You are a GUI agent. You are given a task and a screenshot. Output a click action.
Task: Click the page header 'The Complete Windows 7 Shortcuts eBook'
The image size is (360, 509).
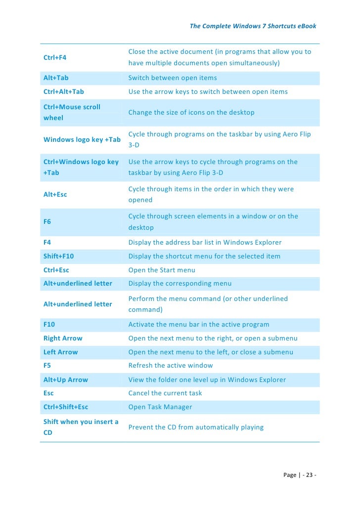[x=253, y=26]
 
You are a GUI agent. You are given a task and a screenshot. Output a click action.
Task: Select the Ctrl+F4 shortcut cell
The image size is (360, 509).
[x=55, y=58]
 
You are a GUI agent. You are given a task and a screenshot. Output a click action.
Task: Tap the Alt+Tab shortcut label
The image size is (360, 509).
[x=56, y=78]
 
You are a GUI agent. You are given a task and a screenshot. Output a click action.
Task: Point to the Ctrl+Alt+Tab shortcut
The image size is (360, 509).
[x=64, y=92]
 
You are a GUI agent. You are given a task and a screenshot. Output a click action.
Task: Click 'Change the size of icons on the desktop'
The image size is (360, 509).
[x=191, y=113]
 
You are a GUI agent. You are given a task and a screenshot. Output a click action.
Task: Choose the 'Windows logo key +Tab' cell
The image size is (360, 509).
[x=82, y=140]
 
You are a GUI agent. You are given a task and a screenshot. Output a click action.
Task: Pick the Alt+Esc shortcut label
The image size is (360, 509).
[x=55, y=195]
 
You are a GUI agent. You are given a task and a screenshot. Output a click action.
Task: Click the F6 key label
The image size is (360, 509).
[x=47, y=222]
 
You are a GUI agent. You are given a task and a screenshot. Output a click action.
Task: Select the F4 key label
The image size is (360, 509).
[x=47, y=243]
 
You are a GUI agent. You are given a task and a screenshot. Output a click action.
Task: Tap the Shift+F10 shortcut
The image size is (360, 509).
[x=58, y=256]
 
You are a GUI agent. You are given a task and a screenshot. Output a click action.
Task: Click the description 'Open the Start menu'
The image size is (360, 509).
[x=162, y=270]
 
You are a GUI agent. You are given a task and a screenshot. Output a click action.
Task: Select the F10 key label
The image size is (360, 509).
[x=49, y=325]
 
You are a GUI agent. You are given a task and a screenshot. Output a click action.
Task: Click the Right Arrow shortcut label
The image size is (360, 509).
[x=63, y=339]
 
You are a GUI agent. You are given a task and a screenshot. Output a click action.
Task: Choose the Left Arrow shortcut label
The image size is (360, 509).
[x=61, y=352]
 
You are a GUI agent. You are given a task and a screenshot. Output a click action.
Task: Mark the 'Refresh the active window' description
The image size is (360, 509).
[x=171, y=366]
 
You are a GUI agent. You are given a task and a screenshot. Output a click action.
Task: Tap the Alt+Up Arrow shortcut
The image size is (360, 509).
[x=66, y=380]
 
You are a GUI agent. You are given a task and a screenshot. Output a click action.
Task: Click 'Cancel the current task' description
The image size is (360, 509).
[x=165, y=393]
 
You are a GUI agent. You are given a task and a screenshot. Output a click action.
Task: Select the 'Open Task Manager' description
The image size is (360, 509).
[x=160, y=407]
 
